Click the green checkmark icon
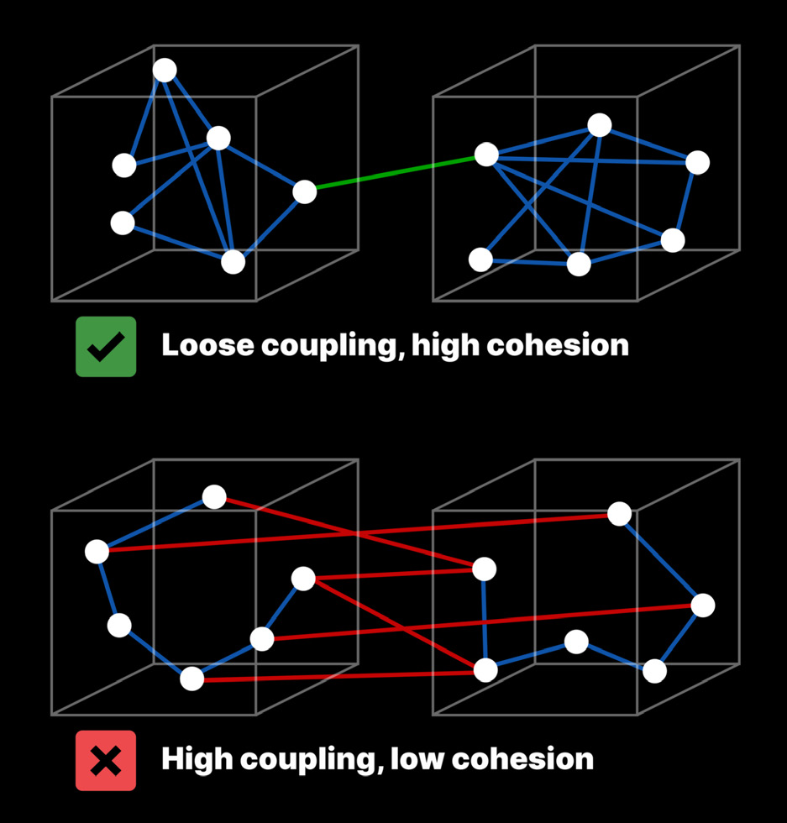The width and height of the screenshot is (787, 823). click(106, 346)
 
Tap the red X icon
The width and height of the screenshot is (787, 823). click(106, 761)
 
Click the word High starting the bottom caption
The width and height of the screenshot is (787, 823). click(197, 759)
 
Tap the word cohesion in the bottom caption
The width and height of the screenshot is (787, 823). click(529, 759)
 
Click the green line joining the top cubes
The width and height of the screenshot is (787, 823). click(395, 173)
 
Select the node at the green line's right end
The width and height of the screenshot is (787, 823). click(486, 155)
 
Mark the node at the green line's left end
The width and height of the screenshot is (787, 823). click(305, 191)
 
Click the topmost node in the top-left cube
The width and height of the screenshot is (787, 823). click(165, 71)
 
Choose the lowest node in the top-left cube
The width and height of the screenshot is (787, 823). click(233, 262)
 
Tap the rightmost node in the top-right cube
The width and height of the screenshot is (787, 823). click(697, 163)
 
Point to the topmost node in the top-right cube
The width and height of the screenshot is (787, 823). click(600, 125)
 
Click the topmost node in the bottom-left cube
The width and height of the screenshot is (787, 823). click(214, 497)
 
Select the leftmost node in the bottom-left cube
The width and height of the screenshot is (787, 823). click(97, 552)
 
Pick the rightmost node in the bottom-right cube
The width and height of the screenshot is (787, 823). click(703, 605)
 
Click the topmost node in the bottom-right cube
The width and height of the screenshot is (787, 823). click(619, 513)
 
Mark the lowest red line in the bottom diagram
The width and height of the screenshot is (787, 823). click(336, 675)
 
